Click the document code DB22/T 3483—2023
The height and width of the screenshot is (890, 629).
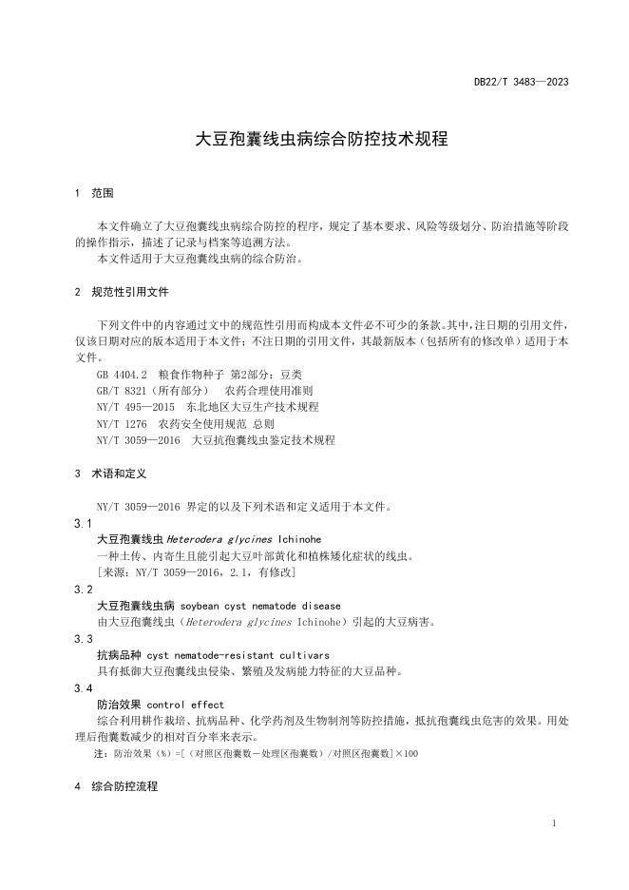[x=521, y=82]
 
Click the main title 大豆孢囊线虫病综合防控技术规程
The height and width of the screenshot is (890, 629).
[x=321, y=139]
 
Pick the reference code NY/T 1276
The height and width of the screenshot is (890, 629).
[x=123, y=423]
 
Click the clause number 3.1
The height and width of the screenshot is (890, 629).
[x=84, y=524]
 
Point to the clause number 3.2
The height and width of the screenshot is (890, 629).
[x=84, y=590]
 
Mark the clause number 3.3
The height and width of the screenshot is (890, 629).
[x=84, y=639]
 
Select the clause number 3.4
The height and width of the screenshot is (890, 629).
[x=84, y=687]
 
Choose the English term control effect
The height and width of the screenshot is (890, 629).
[x=186, y=705]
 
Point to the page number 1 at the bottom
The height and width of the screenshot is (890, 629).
[x=554, y=822]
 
